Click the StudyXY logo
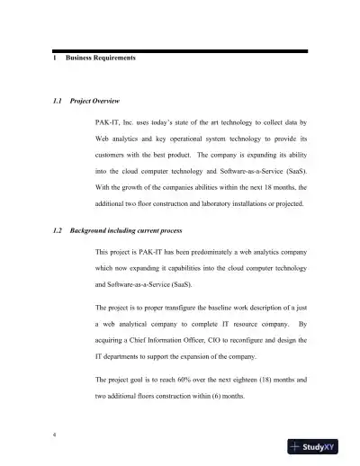coord(319,447)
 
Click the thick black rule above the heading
coord(180,50)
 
